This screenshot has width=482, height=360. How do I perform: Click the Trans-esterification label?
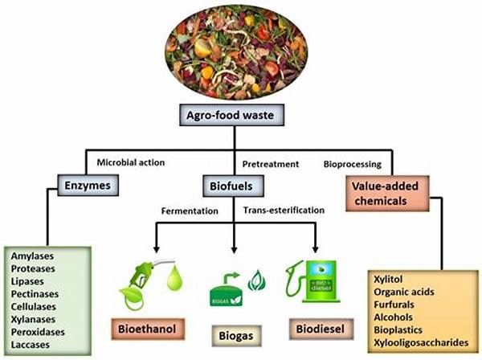tap(284, 211)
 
